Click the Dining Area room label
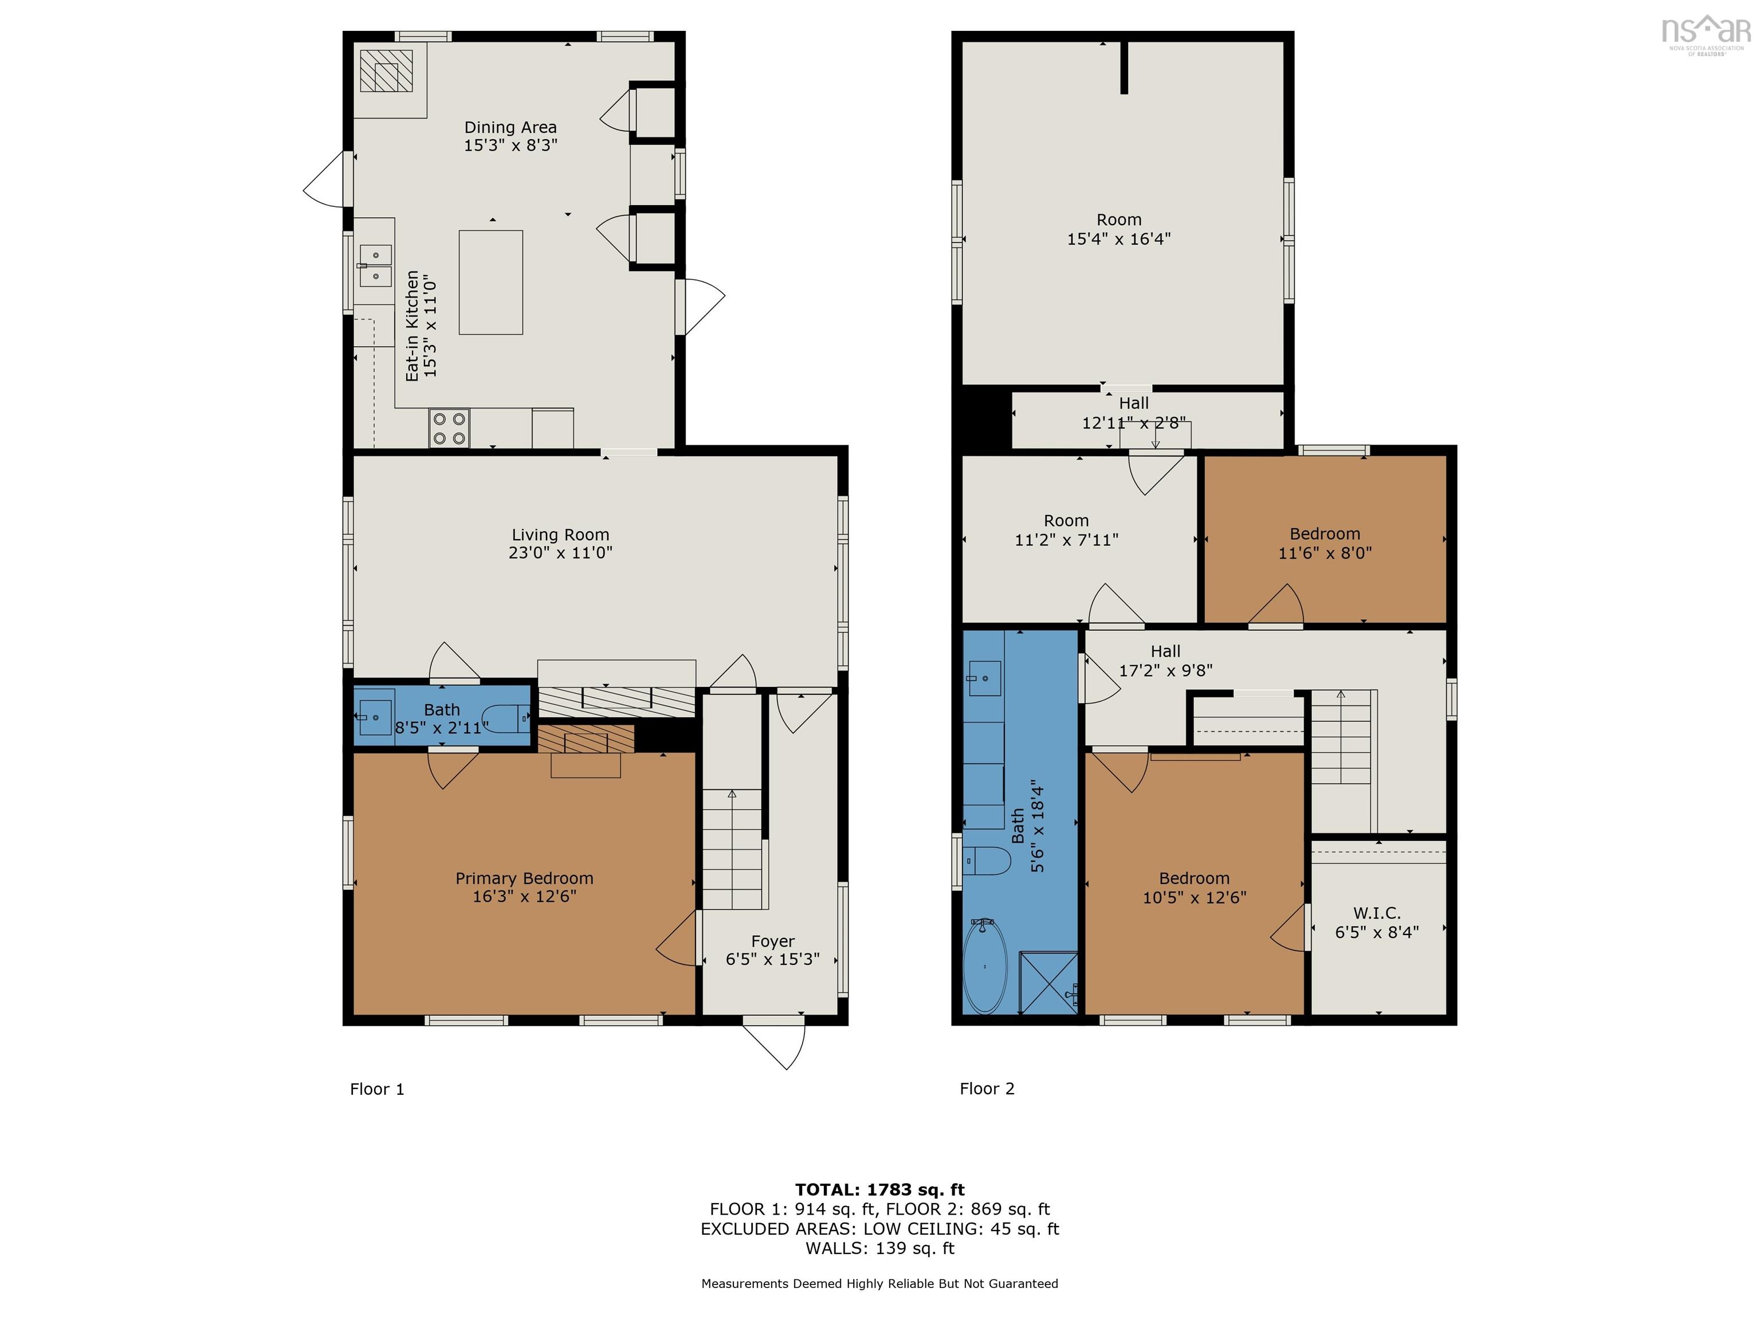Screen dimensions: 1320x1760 tap(510, 127)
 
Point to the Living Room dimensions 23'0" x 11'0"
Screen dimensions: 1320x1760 tap(560, 553)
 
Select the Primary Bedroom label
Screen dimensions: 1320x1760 tap(524, 878)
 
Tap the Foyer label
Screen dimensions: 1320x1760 tap(773, 941)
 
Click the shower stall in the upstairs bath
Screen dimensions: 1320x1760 tap(1048, 984)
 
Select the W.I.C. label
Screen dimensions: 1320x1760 tap(1377, 913)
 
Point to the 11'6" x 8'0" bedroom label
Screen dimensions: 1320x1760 tap(1325, 553)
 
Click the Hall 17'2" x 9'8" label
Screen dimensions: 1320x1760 tap(1166, 661)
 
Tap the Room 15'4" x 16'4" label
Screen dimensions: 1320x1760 tap(1119, 229)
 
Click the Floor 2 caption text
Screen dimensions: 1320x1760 tap(987, 1089)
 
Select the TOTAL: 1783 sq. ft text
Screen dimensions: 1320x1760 tap(879, 1189)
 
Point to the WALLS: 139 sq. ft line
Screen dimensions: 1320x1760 tap(879, 1248)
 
